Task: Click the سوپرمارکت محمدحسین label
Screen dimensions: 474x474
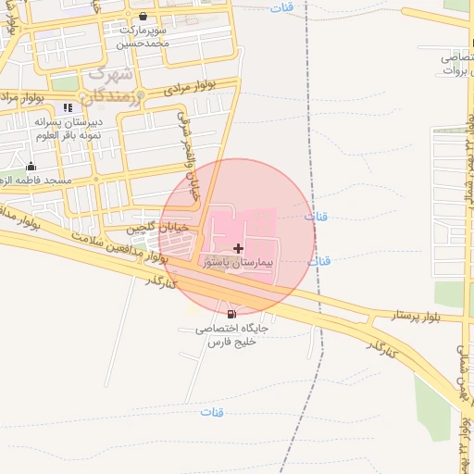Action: [143, 36]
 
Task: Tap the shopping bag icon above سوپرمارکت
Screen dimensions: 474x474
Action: [143, 17]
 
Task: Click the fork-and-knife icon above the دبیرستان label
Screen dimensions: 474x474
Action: [68, 108]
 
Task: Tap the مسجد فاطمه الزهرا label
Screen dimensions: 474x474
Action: [36, 180]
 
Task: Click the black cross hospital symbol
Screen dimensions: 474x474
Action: [240, 247]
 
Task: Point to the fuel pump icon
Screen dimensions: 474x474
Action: [231, 314]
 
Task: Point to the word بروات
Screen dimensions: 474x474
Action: [456, 69]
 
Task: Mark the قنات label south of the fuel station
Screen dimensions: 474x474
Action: [213, 411]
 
